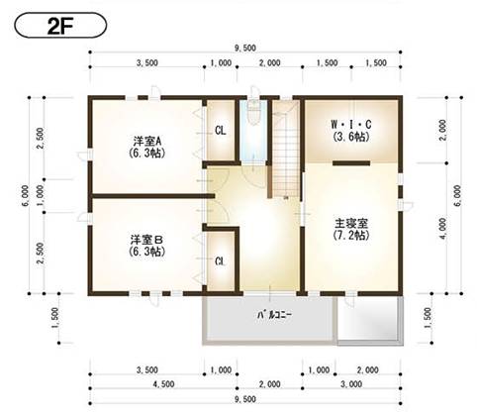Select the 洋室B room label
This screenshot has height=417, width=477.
[146, 240]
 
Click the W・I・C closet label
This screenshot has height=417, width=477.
[351, 123]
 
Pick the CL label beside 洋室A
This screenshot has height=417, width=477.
[221, 130]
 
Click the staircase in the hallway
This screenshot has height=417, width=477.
[285, 149]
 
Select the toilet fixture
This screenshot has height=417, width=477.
[255, 115]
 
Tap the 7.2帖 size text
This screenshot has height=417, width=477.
[351, 238]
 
